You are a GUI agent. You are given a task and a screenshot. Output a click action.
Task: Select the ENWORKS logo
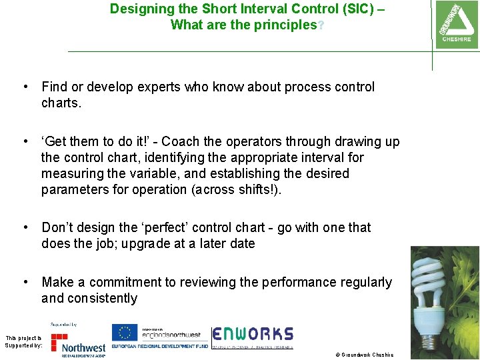[253, 339]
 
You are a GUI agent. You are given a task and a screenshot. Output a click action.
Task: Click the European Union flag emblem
[124, 333]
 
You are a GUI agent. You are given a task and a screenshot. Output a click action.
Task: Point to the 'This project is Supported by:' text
[23, 342]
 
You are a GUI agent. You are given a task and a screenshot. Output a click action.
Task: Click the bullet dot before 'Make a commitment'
[25, 283]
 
